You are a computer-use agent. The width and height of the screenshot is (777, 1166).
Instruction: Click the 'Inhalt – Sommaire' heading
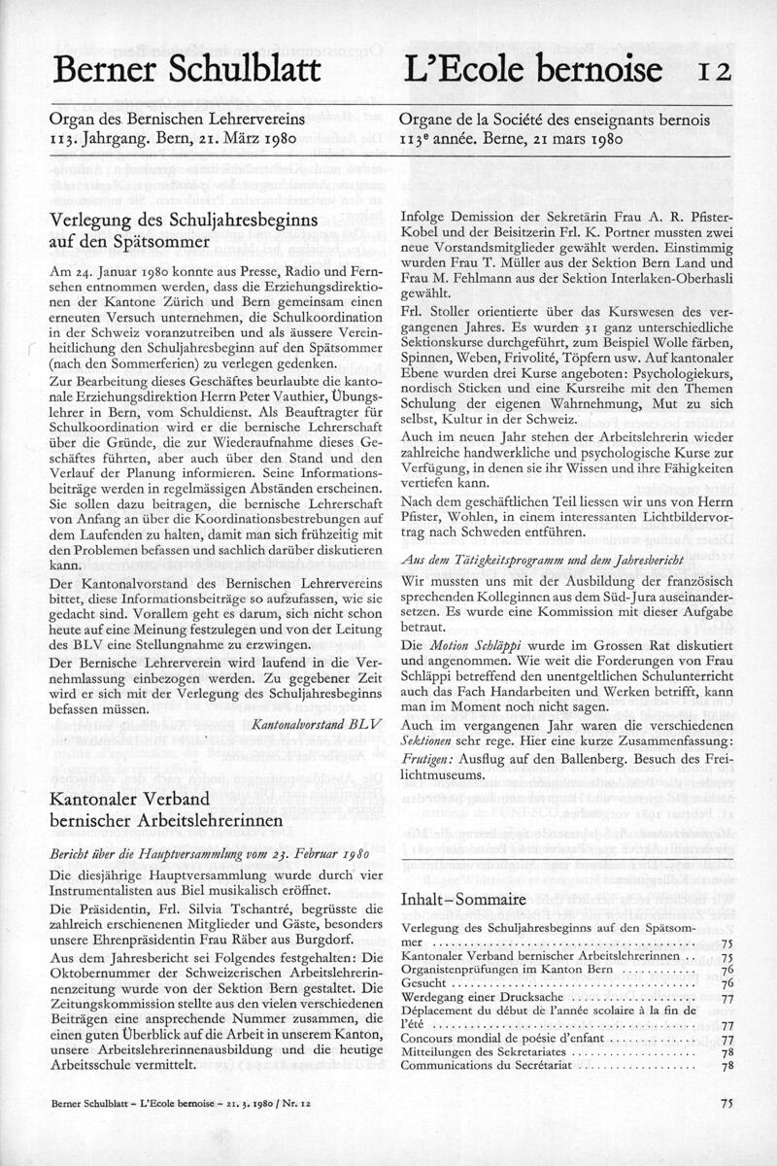click(463, 900)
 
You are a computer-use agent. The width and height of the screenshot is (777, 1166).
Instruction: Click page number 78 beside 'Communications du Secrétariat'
click(726, 1066)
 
